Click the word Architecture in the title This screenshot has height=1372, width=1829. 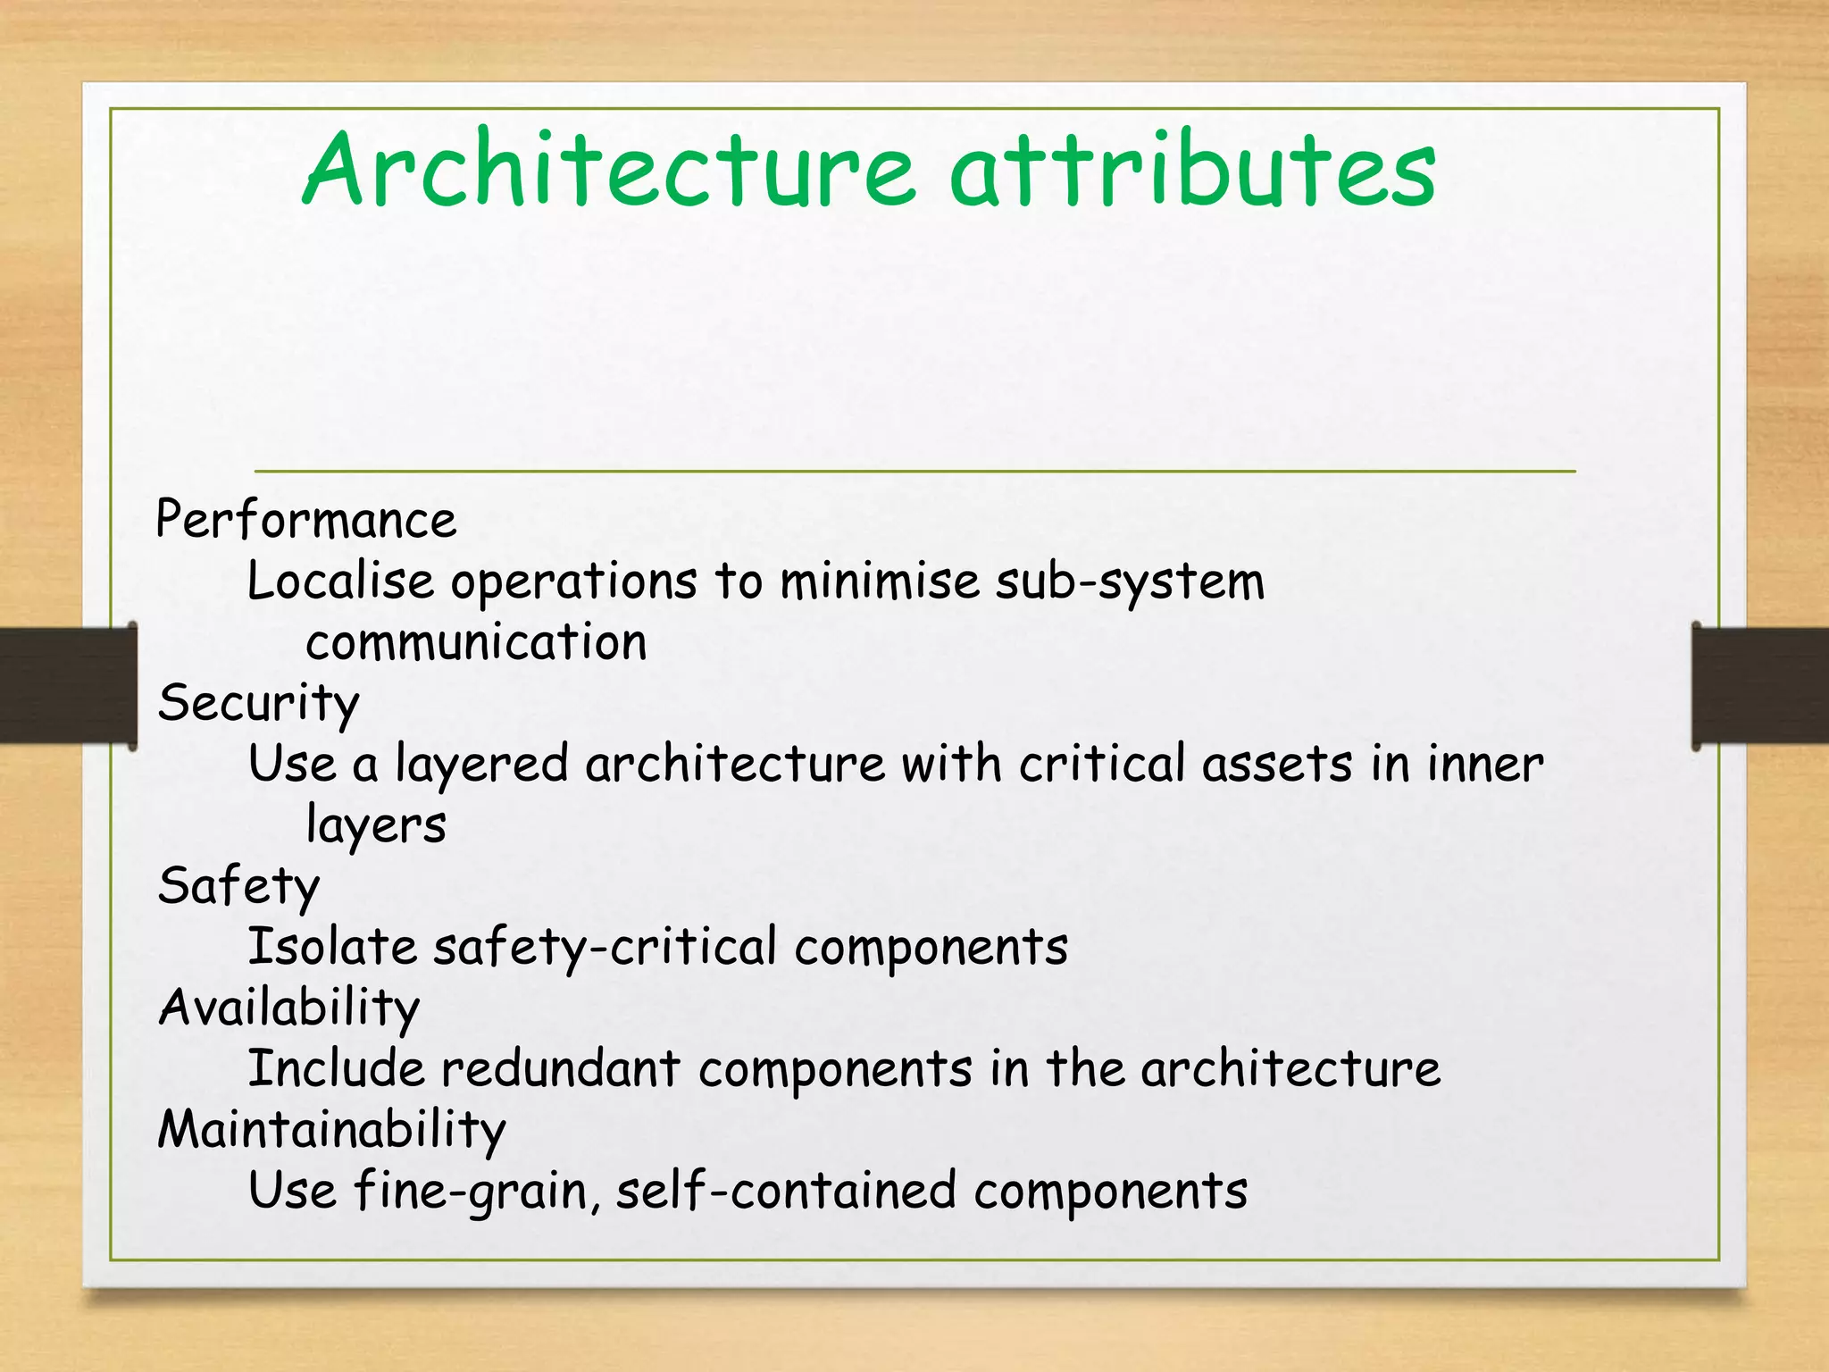tap(609, 170)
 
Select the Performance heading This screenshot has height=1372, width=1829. tap(305, 521)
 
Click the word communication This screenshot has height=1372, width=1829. tap(476, 643)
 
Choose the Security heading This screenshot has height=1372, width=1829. tap(258, 704)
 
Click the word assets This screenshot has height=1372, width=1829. tap(1276, 765)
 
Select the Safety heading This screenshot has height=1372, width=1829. tap(238, 887)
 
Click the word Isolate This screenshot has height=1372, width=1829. tap(331, 947)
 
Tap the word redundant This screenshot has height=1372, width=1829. tap(561, 1069)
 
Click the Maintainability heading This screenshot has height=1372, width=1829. tap(331, 1130)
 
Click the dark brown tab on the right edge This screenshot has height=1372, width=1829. tap(1759, 685)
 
